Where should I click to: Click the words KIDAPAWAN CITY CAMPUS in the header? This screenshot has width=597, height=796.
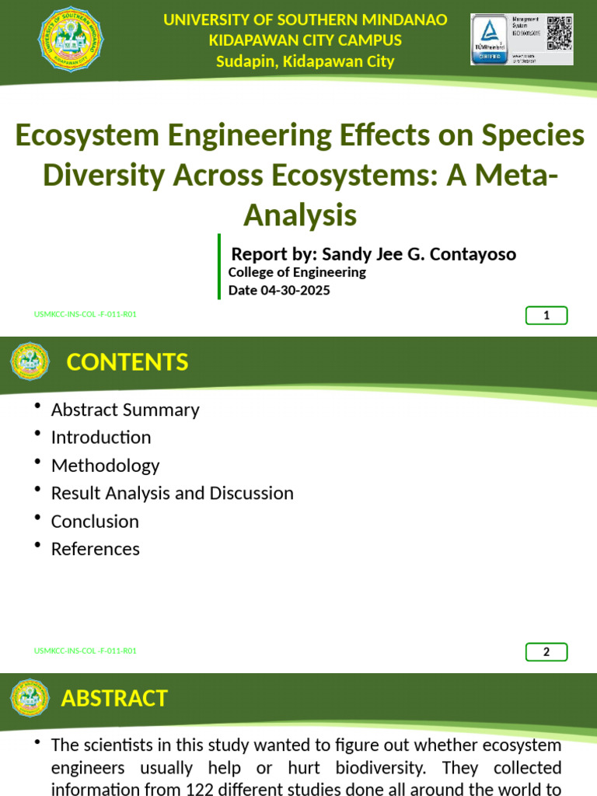(305, 40)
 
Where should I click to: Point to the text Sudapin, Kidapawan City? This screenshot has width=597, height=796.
(305, 61)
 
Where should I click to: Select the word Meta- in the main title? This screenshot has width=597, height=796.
(514, 176)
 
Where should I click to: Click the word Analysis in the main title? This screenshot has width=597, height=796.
(299, 215)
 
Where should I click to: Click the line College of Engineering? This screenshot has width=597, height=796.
(296, 272)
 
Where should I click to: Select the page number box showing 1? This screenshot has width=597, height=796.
(546, 315)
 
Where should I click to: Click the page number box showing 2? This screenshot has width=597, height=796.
(546, 651)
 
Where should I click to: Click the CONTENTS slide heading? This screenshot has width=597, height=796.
(127, 362)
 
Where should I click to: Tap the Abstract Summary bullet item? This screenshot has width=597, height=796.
(125, 410)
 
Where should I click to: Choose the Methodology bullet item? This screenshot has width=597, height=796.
(105, 466)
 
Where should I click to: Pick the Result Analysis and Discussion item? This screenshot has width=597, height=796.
(172, 494)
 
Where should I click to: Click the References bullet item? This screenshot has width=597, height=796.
(95, 549)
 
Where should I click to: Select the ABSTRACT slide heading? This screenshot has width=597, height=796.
(114, 698)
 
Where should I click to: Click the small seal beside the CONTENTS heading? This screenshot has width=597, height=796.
(30, 362)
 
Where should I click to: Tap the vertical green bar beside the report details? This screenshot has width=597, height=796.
(219, 267)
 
